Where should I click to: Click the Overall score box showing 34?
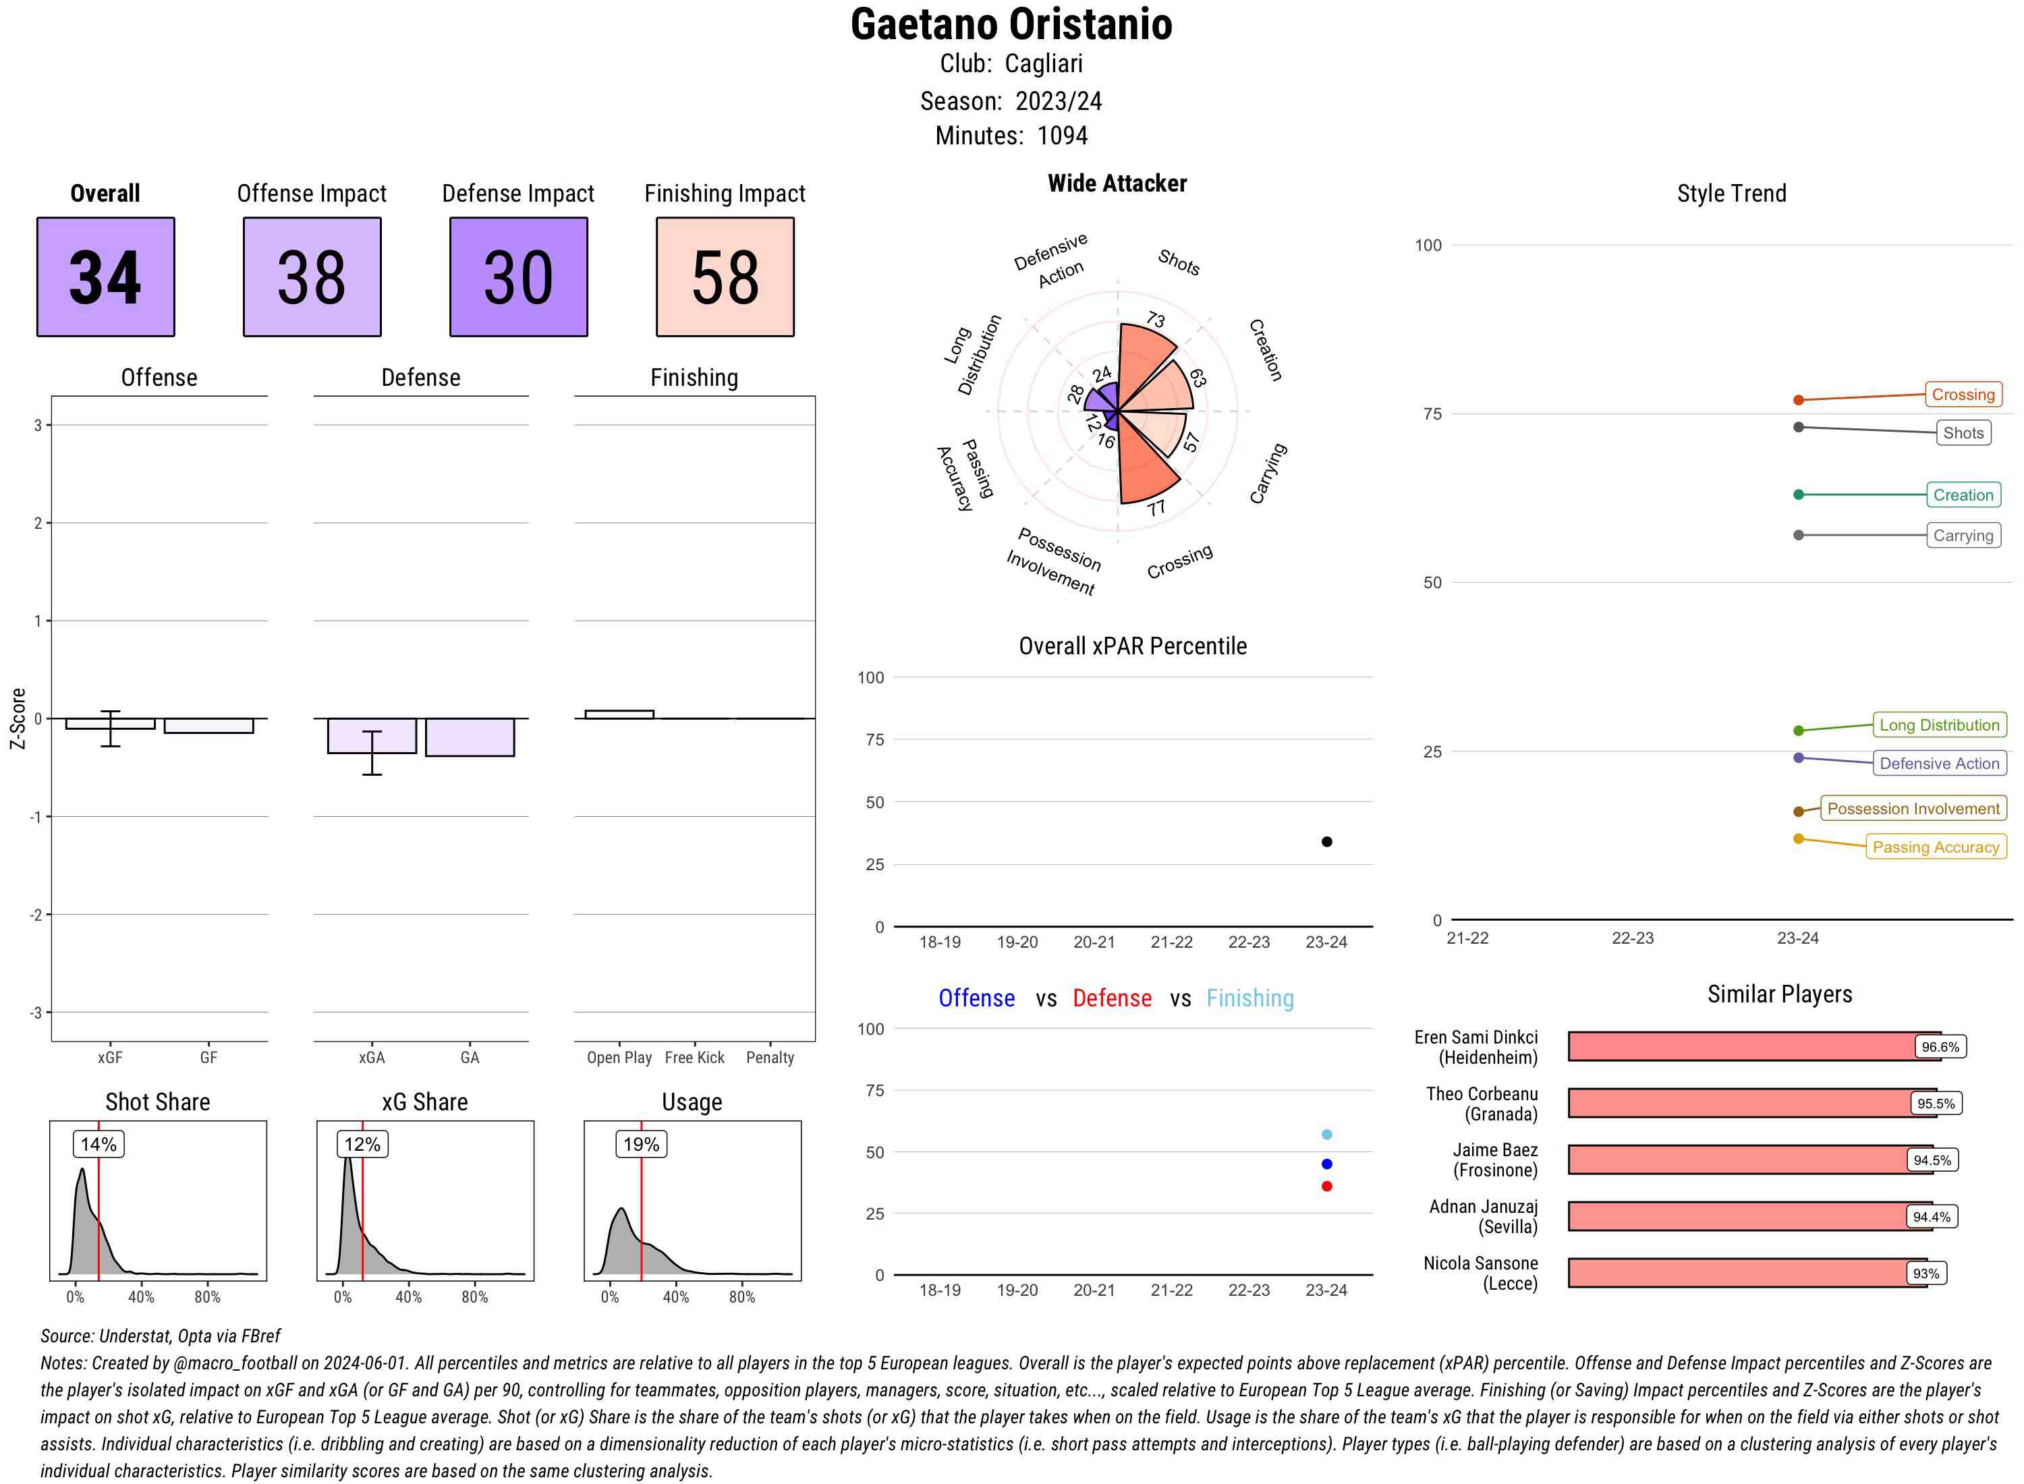coord(105,277)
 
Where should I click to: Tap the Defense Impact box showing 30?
coord(518,277)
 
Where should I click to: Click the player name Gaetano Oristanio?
coord(1011,25)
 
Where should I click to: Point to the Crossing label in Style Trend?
coord(1962,395)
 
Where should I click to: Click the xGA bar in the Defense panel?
coord(372,736)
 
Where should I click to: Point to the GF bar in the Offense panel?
coord(208,726)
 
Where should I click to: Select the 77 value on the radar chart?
coord(1156,509)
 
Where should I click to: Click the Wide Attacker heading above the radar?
coord(1117,183)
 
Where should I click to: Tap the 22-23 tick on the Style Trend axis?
coord(1631,938)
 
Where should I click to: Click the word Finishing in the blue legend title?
coord(1249,998)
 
